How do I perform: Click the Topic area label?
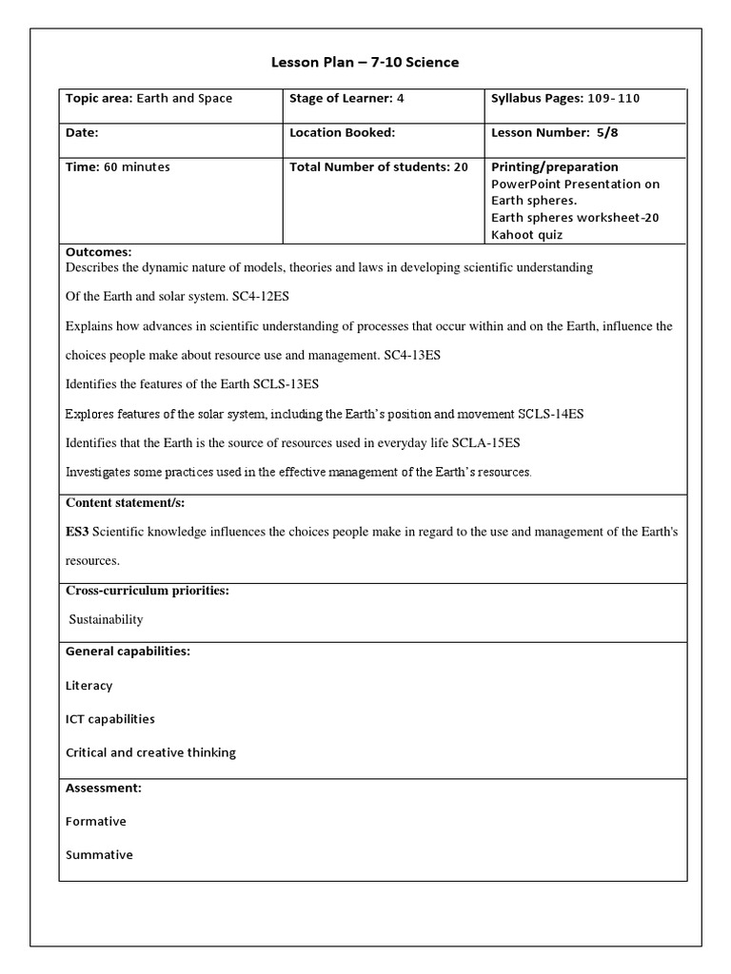pyautogui.click(x=99, y=99)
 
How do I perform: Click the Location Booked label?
pyautogui.click(x=342, y=133)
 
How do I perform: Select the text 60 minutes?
pyautogui.click(x=137, y=166)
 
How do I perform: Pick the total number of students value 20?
pyautogui.click(x=461, y=166)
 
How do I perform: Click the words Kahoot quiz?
pyautogui.click(x=527, y=234)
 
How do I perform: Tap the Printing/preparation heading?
pyautogui.click(x=554, y=166)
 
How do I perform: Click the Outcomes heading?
pyautogui.click(x=98, y=252)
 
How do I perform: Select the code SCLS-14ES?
pyautogui.click(x=551, y=414)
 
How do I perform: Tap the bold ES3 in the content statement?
pyautogui.click(x=77, y=532)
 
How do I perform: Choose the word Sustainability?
pyautogui.click(x=107, y=619)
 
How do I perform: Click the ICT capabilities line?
pyautogui.click(x=110, y=719)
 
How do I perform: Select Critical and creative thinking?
pyautogui.click(x=150, y=752)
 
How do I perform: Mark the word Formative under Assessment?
pyautogui.click(x=96, y=821)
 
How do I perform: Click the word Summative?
pyautogui.click(x=99, y=854)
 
